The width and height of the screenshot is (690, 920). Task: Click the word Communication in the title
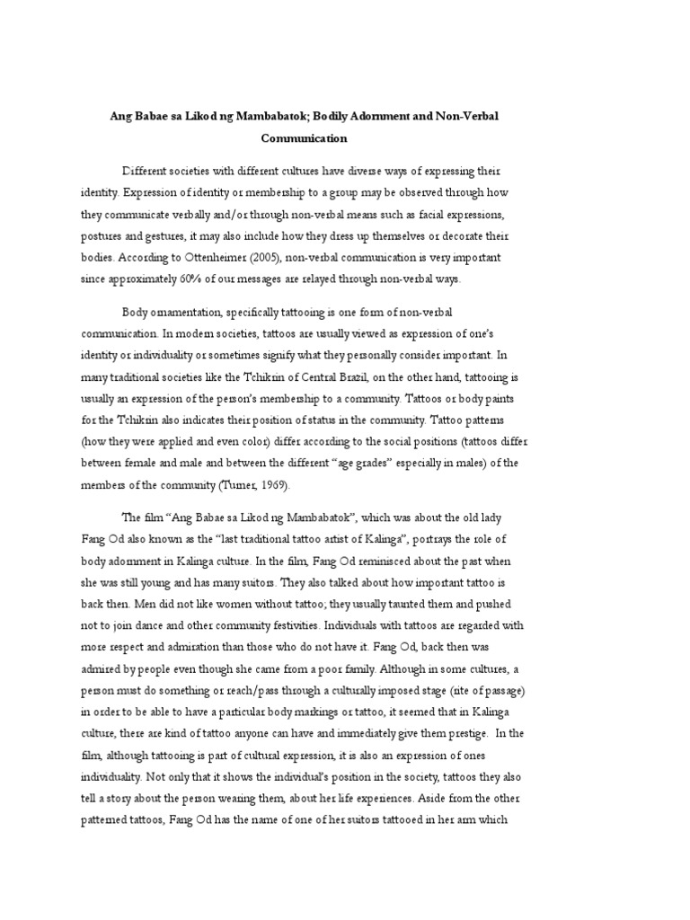[304, 138]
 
